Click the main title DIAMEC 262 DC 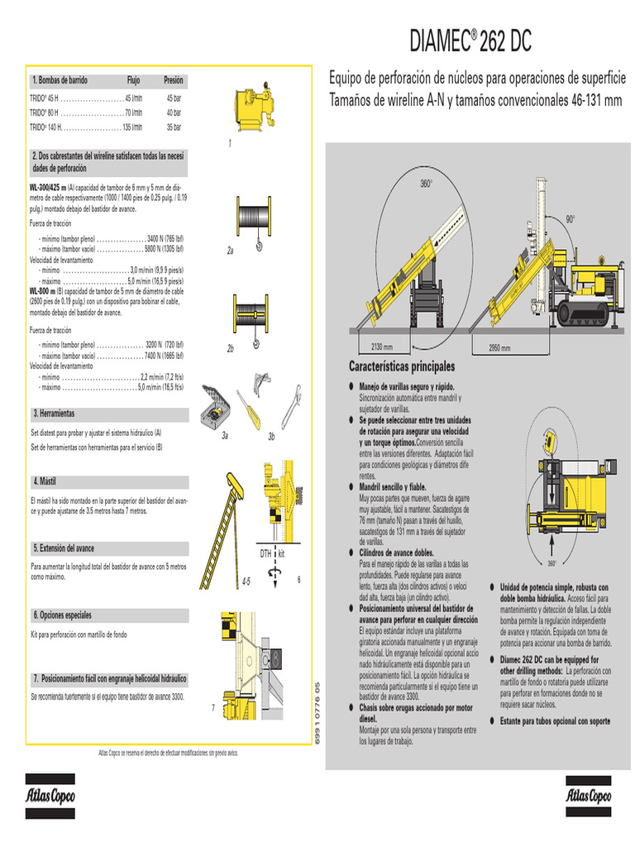point(471,39)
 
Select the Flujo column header point(133,80)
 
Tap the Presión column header point(174,80)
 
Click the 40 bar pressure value point(174,112)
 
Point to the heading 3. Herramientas point(54,413)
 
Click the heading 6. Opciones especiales point(62,615)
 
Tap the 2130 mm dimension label point(382,347)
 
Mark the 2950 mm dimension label point(499,347)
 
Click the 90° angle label point(570,219)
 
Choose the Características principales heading point(402,366)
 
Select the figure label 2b point(231,350)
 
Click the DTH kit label point(272,553)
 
